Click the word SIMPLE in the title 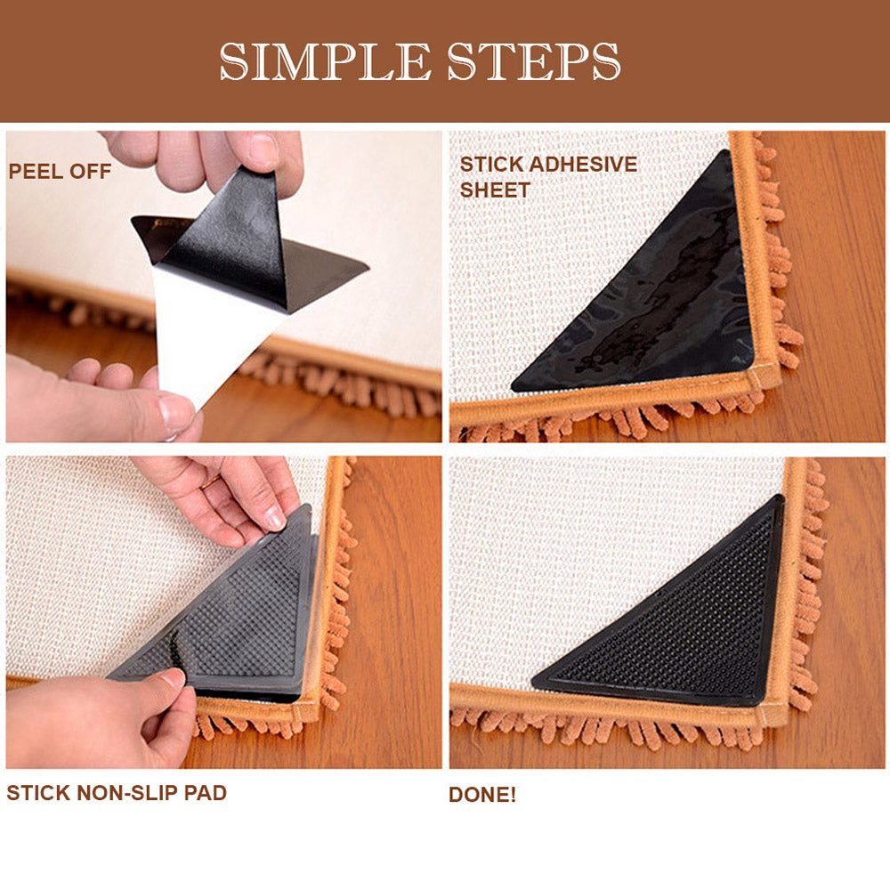pos(325,61)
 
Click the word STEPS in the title pos(533,61)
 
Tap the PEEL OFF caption pos(60,172)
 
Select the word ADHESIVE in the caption pos(584,164)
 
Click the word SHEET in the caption pos(494,190)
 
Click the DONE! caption pos(482,795)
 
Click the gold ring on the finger pos(210,483)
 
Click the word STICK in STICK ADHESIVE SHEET pos(492,164)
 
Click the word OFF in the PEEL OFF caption pos(90,172)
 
